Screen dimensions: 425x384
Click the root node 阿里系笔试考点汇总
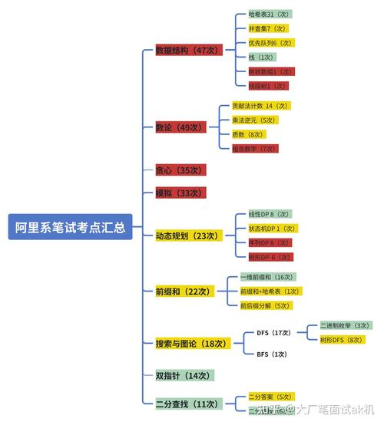71,229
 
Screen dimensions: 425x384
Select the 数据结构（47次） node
187,50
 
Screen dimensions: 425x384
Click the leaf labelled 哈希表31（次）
270,14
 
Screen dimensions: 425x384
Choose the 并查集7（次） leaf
268,28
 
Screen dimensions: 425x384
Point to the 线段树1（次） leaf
268,86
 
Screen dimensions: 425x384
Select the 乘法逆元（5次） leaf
254,120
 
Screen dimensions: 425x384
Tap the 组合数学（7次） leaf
254,148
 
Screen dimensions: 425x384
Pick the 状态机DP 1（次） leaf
272,229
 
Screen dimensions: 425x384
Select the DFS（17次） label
273,334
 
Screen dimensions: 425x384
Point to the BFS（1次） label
272,354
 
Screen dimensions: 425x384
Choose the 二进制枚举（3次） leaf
346,325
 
